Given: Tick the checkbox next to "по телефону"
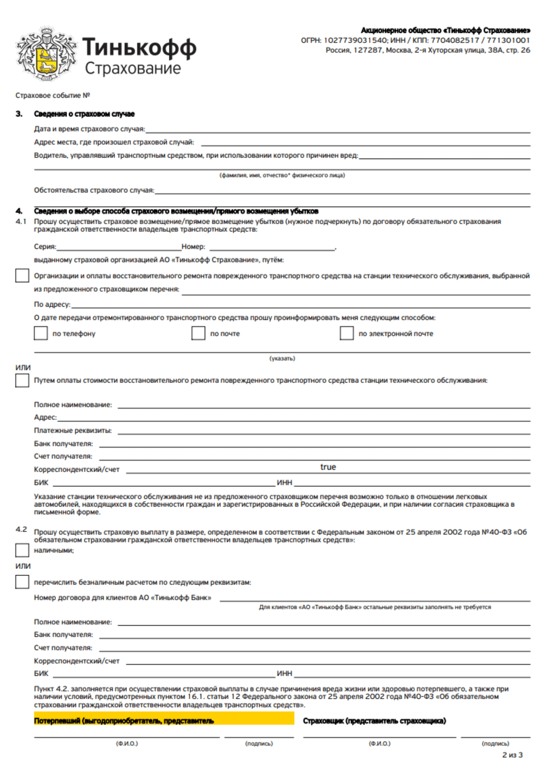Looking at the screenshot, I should click(x=41, y=333).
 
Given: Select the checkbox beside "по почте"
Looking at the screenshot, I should click(x=198, y=333).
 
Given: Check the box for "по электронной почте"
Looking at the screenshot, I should click(x=346, y=333).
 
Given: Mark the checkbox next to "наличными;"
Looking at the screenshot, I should click(x=22, y=550).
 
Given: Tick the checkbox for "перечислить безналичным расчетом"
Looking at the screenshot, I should click(x=22, y=582).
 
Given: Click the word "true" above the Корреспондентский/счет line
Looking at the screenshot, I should click(x=328, y=467).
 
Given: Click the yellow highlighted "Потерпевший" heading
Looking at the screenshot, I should click(x=124, y=721).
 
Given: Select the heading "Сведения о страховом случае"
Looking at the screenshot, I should click(x=84, y=114).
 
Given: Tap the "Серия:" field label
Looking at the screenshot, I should click(x=45, y=247).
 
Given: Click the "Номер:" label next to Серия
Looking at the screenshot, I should click(x=193, y=247).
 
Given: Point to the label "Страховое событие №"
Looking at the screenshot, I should click(x=53, y=95).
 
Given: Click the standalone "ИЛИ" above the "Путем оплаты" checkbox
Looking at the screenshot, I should click(x=23, y=368).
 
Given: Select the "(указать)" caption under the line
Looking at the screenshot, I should click(x=282, y=358).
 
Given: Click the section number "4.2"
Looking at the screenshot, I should click(x=21, y=529).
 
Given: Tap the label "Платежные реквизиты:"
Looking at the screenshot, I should click(x=73, y=430).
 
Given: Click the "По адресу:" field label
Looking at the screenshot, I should click(x=52, y=304).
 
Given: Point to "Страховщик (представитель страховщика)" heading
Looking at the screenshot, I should click(x=374, y=721).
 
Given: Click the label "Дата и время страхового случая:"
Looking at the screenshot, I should click(x=89, y=129).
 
